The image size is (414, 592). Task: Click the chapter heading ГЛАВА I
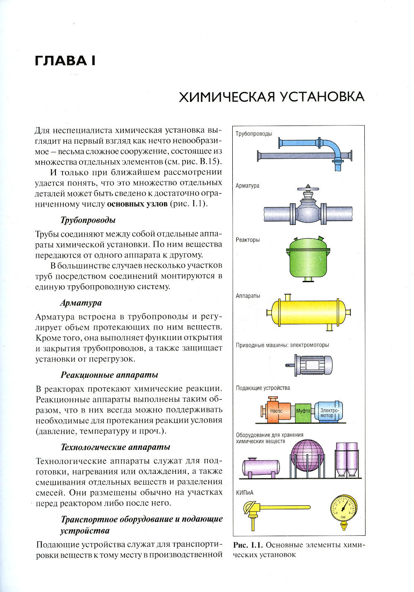coord(65,60)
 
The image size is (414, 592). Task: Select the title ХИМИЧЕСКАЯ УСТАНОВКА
coord(271,97)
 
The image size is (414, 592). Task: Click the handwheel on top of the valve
coord(307,191)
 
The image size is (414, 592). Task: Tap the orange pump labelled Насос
coord(276,411)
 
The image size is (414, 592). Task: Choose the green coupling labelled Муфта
coord(303,411)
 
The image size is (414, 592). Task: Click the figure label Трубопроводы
coord(254,134)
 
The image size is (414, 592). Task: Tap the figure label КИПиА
coord(244,492)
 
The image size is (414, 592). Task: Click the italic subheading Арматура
coord(81,303)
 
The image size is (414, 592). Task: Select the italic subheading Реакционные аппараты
coord(109,375)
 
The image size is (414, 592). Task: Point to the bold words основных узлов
coord(137,204)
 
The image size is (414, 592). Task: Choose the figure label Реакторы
coord(248,240)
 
